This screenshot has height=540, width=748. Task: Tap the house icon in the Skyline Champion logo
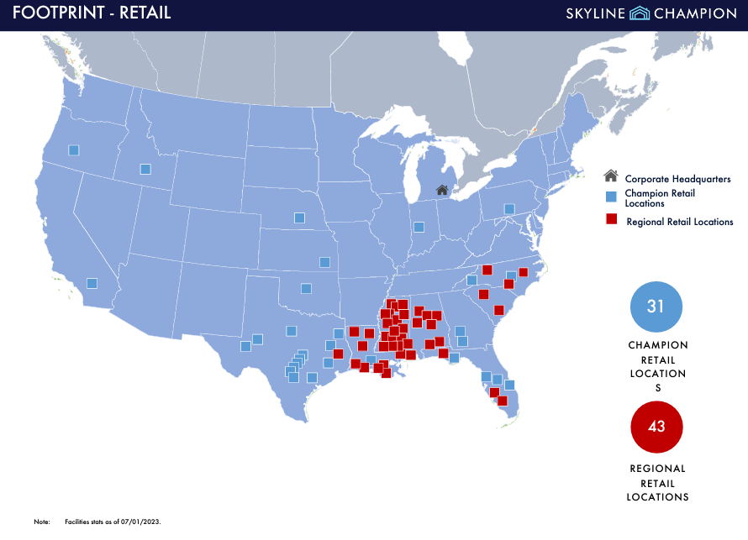coord(640,13)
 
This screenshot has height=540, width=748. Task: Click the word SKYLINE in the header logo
coord(596,13)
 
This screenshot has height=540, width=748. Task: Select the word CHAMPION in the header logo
coord(696,13)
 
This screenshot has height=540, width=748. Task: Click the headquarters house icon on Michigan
coord(442,190)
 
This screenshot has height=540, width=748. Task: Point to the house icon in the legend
coord(611,176)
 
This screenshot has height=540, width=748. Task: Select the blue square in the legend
coord(612,196)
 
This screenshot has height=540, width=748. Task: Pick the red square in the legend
coord(612,220)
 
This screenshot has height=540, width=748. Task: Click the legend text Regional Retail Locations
coord(679,222)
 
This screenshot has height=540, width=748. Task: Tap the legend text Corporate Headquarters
coord(677,179)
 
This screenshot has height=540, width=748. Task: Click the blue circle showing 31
coord(656,307)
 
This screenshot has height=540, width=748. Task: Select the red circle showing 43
coord(656,427)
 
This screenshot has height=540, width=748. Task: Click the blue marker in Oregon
coord(73,150)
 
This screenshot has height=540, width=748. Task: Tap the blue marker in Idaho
coord(145,169)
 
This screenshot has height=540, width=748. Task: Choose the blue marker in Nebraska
coord(299,218)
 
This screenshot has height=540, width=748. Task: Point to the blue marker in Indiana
coord(419,227)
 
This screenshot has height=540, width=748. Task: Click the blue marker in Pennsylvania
coord(508,208)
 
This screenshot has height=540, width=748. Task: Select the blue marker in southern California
coord(92,283)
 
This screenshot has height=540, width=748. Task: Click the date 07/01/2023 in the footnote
coord(141,522)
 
